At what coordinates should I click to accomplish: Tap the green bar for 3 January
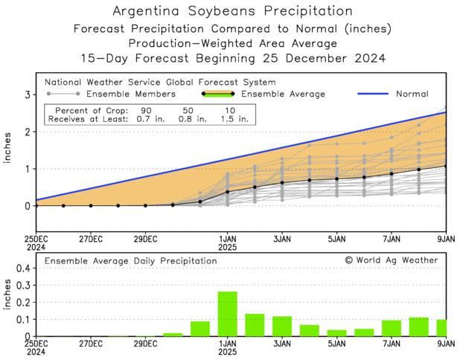click(282, 327)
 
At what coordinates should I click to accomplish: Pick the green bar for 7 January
click(392, 328)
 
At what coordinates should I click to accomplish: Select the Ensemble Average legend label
click(284, 94)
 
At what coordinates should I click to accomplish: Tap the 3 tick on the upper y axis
click(27, 95)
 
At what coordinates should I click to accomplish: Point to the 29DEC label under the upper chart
click(145, 239)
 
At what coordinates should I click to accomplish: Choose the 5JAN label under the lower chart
click(336, 345)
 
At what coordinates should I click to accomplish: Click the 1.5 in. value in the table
click(235, 118)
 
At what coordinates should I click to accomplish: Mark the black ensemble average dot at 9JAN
click(446, 166)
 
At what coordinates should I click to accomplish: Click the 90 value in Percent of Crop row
click(144, 109)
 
